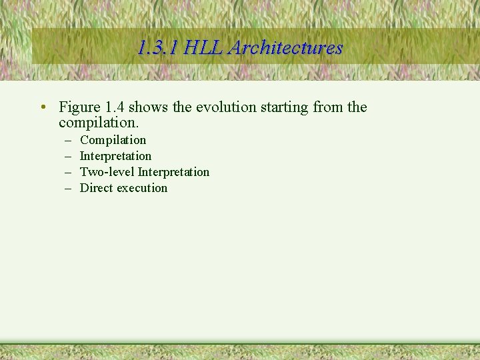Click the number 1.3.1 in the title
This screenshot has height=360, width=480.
[x=157, y=48]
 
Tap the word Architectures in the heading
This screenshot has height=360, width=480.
[x=286, y=48]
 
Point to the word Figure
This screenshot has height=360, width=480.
[x=79, y=107]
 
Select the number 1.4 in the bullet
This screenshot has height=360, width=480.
[x=115, y=107]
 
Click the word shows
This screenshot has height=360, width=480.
[x=149, y=107]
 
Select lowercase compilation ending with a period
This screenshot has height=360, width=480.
[x=99, y=123]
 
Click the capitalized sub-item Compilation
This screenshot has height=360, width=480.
[x=113, y=140]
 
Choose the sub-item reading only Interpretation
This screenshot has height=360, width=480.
[x=115, y=156]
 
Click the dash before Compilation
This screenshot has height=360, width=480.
[x=68, y=140]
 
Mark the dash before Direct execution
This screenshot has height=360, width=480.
[x=68, y=188]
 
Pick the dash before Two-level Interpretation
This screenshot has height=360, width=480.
[x=68, y=172]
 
